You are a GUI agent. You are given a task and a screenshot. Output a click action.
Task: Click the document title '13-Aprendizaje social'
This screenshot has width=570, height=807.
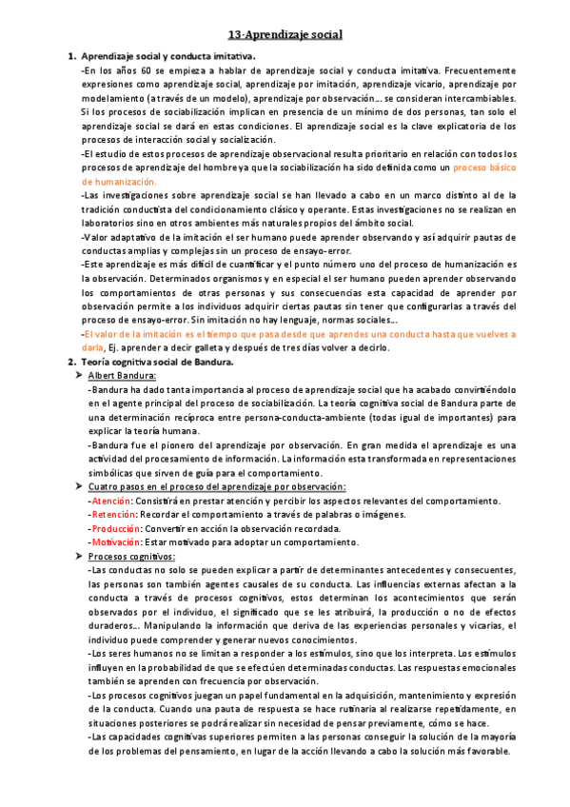point(285,35)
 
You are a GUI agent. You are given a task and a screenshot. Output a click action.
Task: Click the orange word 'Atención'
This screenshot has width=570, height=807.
point(111,501)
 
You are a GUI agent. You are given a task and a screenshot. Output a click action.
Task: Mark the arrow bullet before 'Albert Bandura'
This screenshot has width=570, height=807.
point(78,378)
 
